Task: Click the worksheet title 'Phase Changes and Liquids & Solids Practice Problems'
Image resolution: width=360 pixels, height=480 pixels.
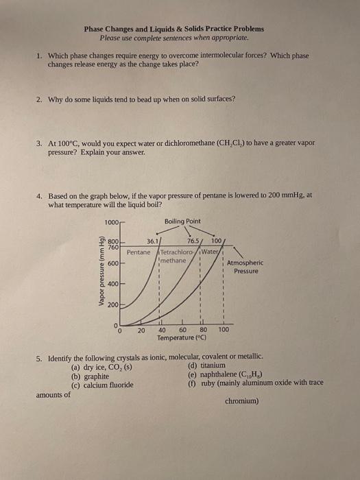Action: pos(173,29)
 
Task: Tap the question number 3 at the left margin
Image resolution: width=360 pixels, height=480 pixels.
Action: pos(40,143)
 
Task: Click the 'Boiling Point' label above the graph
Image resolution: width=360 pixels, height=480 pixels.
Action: pos(183,221)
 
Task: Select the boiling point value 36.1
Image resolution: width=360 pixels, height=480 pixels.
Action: pos(154,241)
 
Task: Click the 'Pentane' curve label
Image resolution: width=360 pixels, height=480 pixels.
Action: pos(139,252)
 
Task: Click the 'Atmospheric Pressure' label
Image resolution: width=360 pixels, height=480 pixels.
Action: pos(245,267)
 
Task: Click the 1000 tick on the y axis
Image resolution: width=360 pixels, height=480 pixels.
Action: pos(112,221)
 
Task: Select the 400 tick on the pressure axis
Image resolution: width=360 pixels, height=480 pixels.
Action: pos(113,284)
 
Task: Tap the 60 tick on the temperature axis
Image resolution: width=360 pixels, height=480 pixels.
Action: pos(183,330)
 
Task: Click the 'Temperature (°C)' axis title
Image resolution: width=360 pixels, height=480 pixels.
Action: pos(183,338)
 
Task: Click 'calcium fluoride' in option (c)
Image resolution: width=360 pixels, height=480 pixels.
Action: pos(108,385)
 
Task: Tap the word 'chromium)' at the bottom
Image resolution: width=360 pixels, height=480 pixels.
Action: pos(241,401)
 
